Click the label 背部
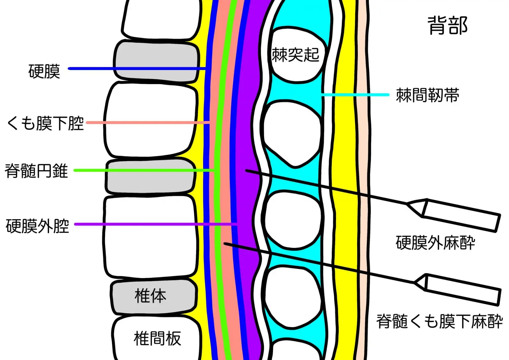point(447,26)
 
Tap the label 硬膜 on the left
point(44,71)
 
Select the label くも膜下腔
point(45,123)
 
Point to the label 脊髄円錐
point(36,171)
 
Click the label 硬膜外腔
point(37,226)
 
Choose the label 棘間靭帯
point(427,95)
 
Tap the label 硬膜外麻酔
point(435,243)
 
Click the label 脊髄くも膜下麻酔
point(439,321)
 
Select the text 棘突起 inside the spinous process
point(295,55)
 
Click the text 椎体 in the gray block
point(150,296)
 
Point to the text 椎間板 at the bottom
point(157,338)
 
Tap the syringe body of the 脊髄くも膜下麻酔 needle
point(462,290)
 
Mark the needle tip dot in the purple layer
point(246,170)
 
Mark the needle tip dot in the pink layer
point(225,244)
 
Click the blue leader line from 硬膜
point(136,69)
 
